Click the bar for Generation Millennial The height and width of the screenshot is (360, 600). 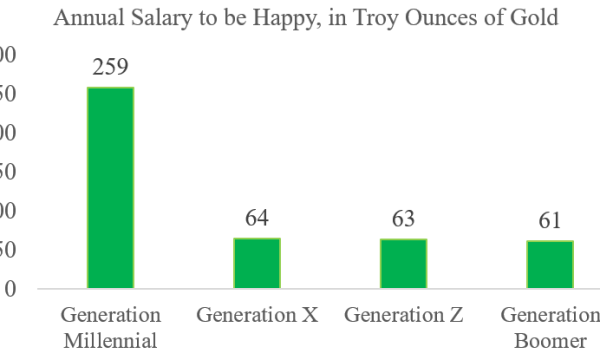point(110,188)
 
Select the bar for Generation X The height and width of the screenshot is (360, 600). point(257,263)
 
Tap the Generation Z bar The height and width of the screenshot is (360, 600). point(403,264)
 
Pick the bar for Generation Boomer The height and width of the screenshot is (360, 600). point(550,265)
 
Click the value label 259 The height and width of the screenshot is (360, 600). point(110,69)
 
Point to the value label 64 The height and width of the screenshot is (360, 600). point(257,219)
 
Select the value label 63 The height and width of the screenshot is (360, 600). point(403,220)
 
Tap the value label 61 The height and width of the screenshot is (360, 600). point(550,222)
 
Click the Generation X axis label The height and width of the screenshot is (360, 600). point(257,315)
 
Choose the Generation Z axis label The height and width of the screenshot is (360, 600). point(403,315)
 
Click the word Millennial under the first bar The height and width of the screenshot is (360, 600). point(110,340)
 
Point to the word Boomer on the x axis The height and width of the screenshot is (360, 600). point(550,340)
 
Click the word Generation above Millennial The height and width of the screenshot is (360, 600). point(110,315)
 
